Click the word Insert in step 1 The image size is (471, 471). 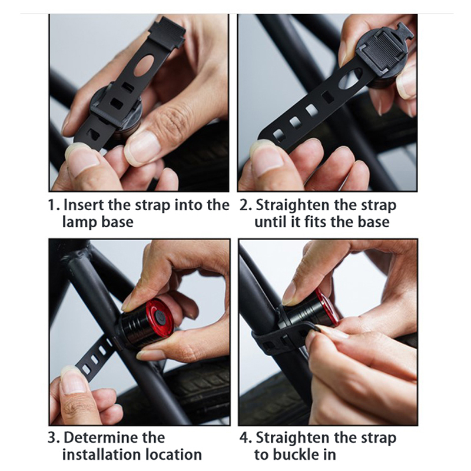coord(84,205)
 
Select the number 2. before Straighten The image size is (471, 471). coord(246,205)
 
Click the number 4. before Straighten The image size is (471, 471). coord(246,437)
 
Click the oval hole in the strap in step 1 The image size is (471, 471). coord(144,66)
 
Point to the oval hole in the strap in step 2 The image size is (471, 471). coord(350,79)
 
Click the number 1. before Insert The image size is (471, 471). coord(54,205)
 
